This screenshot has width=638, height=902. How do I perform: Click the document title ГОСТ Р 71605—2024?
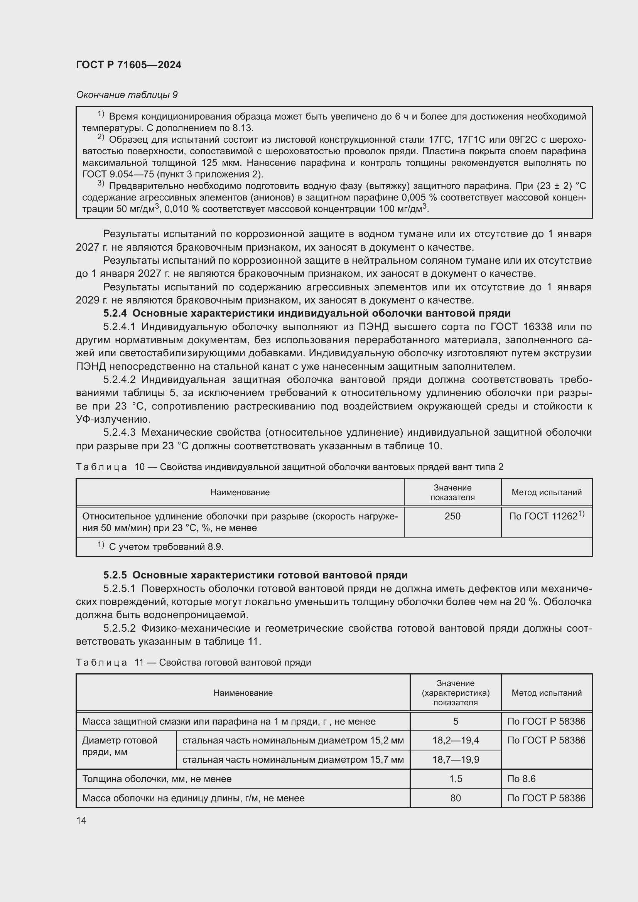[x=128, y=65]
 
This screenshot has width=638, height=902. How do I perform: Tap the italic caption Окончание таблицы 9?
[x=127, y=95]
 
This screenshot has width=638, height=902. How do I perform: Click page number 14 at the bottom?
[x=81, y=820]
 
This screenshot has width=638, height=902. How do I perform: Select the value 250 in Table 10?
[x=452, y=516]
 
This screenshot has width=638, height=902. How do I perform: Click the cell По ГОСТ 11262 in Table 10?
[x=546, y=516]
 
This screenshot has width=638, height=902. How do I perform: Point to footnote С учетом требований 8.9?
[x=165, y=546]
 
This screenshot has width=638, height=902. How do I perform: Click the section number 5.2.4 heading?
[x=116, y=313]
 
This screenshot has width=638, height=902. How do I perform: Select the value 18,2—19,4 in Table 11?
[x=455, y=740]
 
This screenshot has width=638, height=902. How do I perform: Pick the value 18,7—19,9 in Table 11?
[x=455, y=759]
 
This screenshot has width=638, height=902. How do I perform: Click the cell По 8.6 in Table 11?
[x=522, y=779]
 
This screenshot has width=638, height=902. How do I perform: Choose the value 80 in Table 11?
[x=455, y=798]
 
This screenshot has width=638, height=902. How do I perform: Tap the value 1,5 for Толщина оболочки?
[x=455, y=779]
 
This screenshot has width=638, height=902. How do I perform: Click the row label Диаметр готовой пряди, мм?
[x=120, y=746]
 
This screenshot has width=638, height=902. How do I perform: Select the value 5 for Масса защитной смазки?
[x=455, y=721]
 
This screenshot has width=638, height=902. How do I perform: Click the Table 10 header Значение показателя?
[x=452, y=492]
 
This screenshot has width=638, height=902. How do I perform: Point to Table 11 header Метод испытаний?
[x=546, y=693]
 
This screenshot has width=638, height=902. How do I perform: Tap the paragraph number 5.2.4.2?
[x=119, y=379]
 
